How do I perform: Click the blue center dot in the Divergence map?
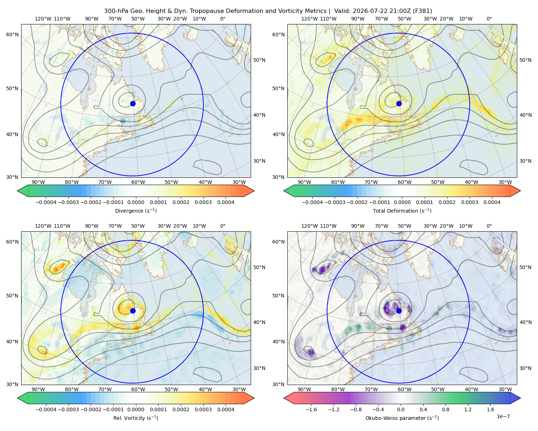coord(133,104)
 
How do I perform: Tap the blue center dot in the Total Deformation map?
coord(399,104)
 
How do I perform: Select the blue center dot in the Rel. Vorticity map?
coord(133,311)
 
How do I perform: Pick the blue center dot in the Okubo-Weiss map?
coord(399,311)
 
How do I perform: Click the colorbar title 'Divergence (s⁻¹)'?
coord(136,210)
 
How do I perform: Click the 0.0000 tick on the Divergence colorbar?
coord(136,202)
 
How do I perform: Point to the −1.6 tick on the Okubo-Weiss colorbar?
coord(311,409)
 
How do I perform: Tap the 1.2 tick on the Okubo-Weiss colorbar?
coord(468,409)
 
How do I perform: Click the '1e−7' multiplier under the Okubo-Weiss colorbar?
coord(503,416)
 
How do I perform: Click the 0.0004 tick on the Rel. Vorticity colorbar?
coord(226,409)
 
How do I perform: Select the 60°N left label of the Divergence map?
coord(12,34)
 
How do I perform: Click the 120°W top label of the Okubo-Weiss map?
coord(309,226)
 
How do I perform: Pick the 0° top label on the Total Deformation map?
coord(489,19)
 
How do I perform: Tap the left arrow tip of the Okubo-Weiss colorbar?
coord(284,398)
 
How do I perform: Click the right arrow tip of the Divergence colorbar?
coord(254,191)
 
